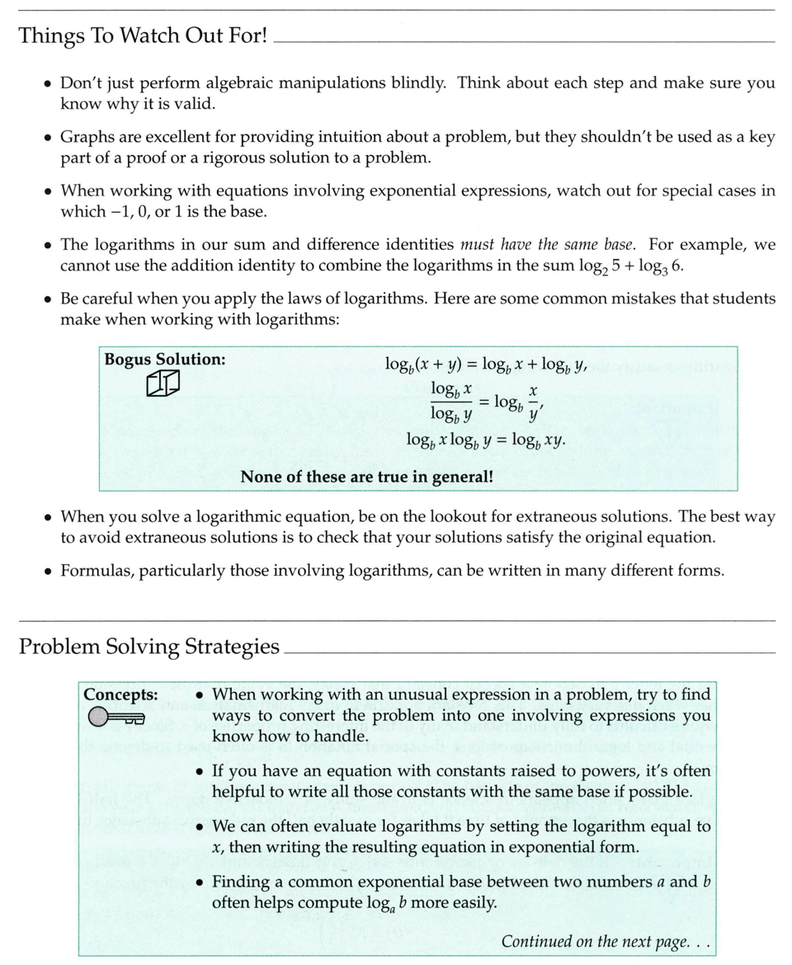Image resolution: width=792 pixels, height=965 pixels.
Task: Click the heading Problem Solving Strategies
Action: pyautogui.click(x=148, y=646)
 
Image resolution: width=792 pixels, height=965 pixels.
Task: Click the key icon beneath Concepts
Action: pyautogui.click(x=115, y=718)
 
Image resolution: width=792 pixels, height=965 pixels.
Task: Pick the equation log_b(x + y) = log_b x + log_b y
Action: pyautogui.click(x=486, y=364)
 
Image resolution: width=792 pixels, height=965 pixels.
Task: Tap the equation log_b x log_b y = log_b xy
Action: pyautogui.click(x=486, y=440)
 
